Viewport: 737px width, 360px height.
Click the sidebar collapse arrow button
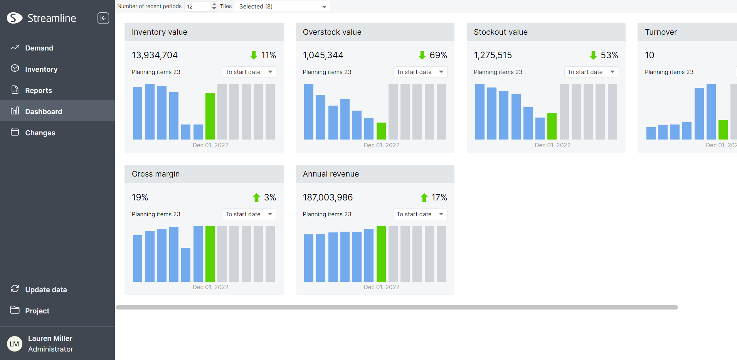point(103,18)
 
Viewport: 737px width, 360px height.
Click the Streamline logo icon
point(15,18)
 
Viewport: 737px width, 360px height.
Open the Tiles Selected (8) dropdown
point(282,7)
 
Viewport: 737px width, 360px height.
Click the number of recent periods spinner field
point(201,7)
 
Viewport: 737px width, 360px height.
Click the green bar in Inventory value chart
point(210,116)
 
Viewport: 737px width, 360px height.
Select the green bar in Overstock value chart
point(381,131)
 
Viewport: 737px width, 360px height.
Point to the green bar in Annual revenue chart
point(381,254)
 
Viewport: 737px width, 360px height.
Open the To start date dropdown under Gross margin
point(249,214)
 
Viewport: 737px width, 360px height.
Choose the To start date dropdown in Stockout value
point(591,72)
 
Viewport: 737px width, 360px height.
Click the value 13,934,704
point(155,55)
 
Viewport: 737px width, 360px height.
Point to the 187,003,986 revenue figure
point(328,197)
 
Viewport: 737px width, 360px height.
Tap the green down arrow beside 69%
point(422,55)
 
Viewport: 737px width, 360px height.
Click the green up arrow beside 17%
point(424,198)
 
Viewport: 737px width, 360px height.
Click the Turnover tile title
point(661,32)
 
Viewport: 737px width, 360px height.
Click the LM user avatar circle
point(14,344)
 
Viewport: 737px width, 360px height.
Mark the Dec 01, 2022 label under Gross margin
point(210,287)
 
